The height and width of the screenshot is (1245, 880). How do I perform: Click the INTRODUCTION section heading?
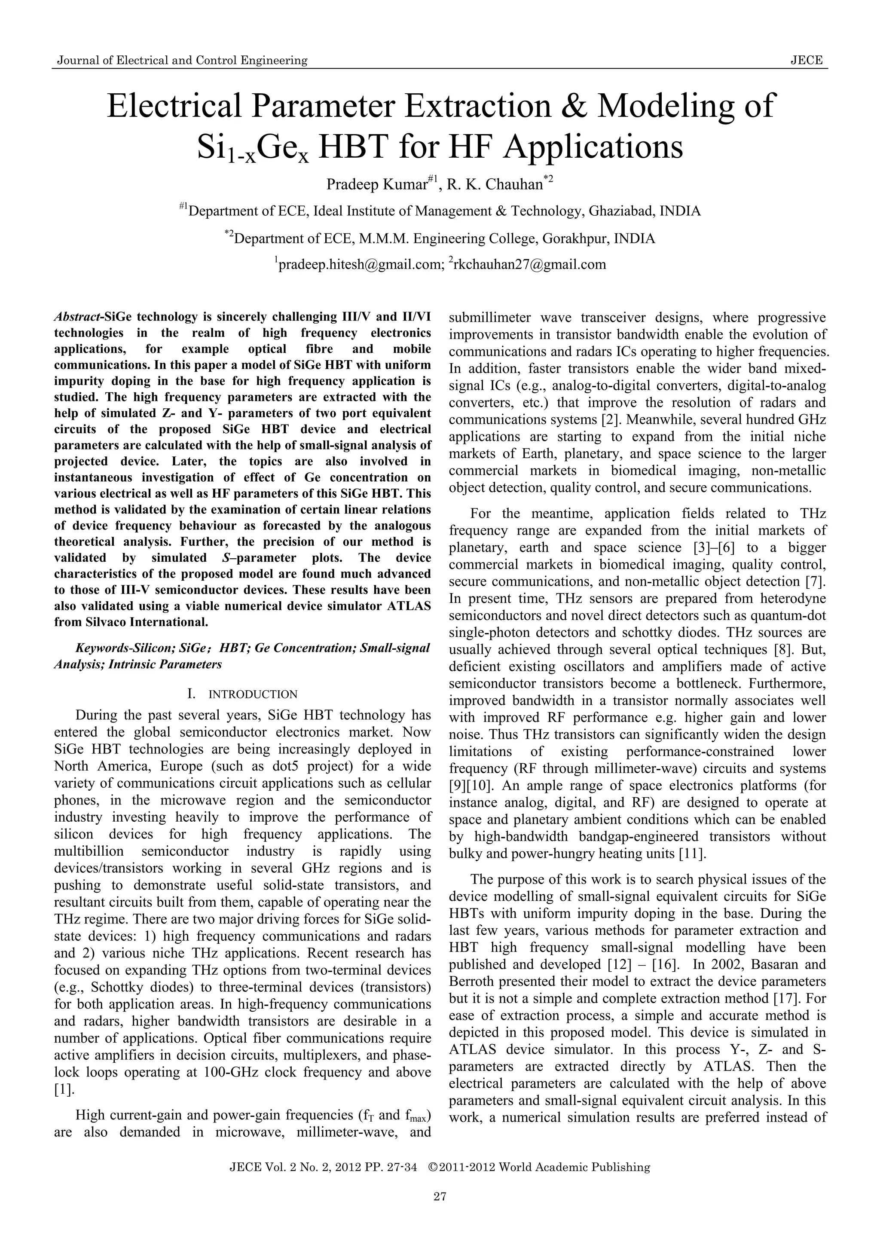click(x=253, y=694)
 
